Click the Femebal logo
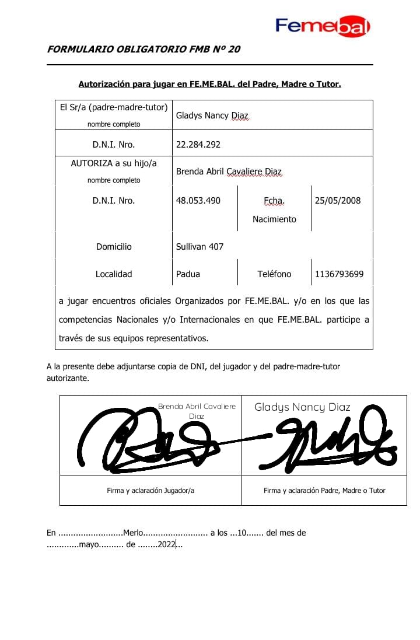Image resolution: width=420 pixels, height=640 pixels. click(x=323, y=26)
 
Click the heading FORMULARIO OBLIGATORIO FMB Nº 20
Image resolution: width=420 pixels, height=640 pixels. click(x=143, y=50)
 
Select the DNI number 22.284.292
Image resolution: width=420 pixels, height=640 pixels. click(x=198, y=145)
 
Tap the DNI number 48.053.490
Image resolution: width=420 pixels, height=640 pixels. click(x=198, y=201)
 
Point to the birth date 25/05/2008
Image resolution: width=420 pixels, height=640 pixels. click(x=338, y=201)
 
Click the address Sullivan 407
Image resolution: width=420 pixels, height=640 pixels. click(x=199, y=247)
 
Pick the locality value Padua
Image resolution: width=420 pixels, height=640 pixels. click(x=187, y=274)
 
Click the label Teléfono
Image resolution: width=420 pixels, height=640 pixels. click(x=274, y=274)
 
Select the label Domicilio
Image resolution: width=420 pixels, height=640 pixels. click(x=114, y=247)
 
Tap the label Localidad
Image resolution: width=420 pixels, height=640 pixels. click(x=114, y=274)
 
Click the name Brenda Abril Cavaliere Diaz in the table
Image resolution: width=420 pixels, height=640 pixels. click(x=229, y=172)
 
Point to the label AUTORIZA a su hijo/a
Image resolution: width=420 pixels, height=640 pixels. click(x=114, y=164)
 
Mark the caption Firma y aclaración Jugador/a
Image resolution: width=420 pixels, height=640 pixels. click(x=150, y=491)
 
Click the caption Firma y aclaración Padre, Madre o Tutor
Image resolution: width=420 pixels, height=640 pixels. click(x=324, y=491)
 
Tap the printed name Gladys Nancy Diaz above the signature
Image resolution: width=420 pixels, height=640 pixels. click(x=302, y=407)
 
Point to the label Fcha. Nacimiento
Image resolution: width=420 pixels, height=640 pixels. click(x=274, y=210)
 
